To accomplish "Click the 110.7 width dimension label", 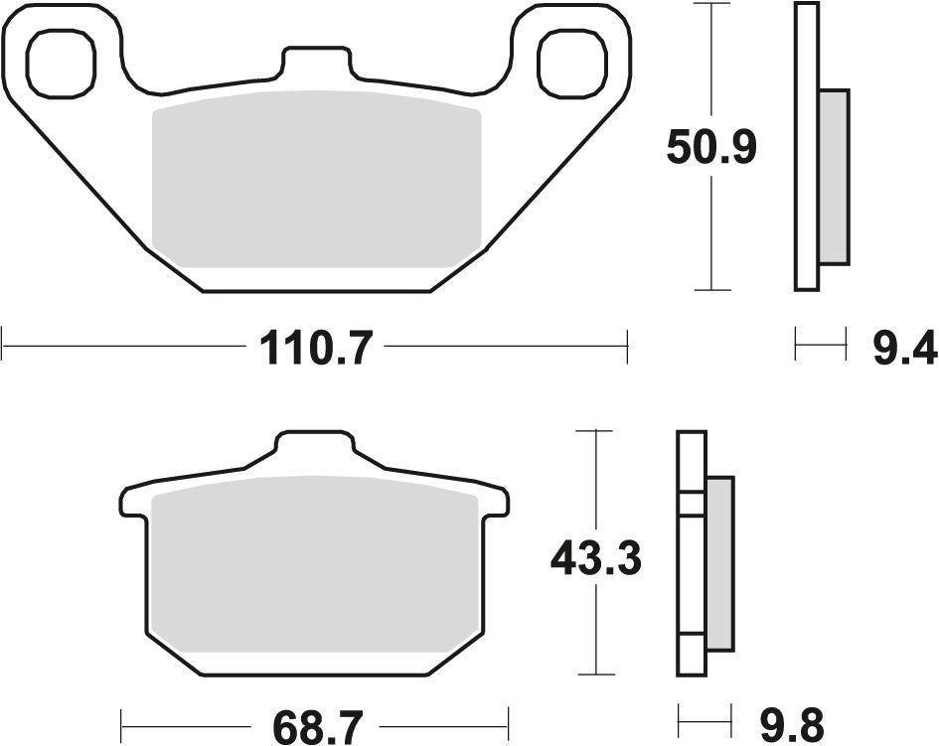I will coord(315,348).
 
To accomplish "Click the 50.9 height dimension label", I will coord(711,148).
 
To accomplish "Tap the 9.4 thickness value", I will coord(904,348).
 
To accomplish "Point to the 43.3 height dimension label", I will coord(596,561).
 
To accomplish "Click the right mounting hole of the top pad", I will coord(569,63).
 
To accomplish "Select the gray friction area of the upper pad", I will coord(315,179).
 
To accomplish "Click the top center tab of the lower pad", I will coord(314,447).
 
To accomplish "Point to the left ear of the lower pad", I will coord(133,503).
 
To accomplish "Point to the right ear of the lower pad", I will coord(494,503).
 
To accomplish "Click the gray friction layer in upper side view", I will coord(834,177).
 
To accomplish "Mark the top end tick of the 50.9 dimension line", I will coord(711,4).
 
